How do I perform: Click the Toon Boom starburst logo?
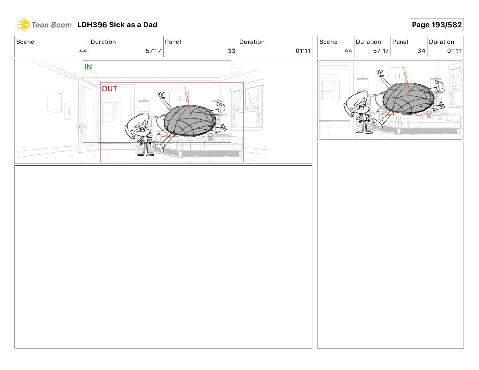(x=23, y=25)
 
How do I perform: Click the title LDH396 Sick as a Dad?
(x=117, y=25)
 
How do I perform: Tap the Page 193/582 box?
(x=436, y=25)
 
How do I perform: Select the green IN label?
(x=88, y=67)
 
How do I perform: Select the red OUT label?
(x=109, y=89)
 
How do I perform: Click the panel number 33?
(x=231, y=51)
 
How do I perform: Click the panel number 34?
(x=421, y=51)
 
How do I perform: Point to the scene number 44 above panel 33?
(x=83, y=51)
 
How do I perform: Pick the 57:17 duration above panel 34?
(x=381, y=51)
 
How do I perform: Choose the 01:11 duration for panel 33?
(x=303, y=51)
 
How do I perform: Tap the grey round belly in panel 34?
(x=409, y=99)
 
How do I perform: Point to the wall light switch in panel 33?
(x=69, y=111)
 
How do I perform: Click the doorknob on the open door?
(x=82, y=127)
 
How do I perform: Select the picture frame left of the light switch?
(x=54, y=102)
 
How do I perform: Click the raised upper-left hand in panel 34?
(x=380, y=73)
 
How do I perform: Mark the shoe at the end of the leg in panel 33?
(x=159, y=147)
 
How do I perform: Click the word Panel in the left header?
(x=173, y=42)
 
